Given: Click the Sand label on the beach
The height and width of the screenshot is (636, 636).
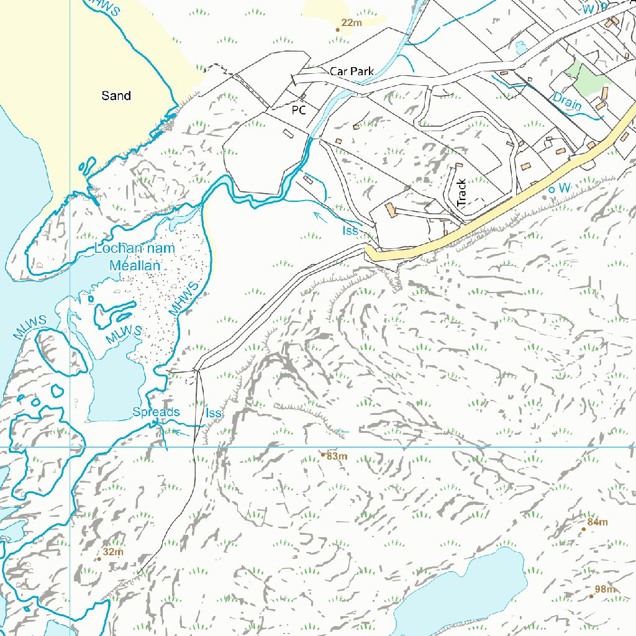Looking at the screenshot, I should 116,96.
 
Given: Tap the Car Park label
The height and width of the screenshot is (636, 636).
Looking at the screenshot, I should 352,71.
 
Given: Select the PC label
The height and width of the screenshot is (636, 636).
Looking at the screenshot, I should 299,110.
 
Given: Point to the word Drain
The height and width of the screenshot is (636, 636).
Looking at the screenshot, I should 567,101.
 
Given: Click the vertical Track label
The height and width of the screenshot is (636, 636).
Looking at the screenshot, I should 461,193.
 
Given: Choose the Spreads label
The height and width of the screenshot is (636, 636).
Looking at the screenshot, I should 156,412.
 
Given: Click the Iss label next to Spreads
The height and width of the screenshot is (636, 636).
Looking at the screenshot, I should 213,413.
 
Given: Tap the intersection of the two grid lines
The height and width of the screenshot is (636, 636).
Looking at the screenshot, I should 70,447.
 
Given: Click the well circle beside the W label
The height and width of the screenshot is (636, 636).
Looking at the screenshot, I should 550,188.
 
